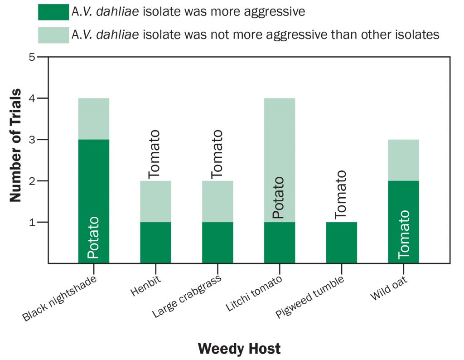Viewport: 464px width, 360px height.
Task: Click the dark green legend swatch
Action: tap(53, 12)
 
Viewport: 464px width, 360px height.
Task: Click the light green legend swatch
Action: tap(53, 34)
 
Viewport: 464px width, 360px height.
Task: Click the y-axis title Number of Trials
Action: tap(15, 145)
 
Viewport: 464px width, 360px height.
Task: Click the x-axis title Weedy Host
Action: tap(239, 348)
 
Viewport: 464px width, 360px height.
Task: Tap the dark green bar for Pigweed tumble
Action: tap(342, 243)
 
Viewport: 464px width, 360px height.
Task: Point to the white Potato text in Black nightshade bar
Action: tap(93, 238)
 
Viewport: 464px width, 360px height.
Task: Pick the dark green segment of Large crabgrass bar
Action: tap(217, 243)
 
